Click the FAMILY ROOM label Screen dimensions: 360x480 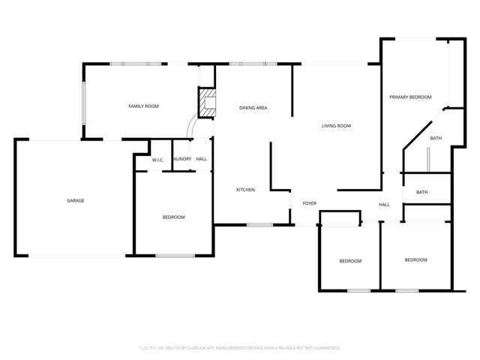tap(143, 106)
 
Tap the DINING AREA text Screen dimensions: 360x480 tap(253, 108)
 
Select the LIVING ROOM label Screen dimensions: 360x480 tap(336, 126)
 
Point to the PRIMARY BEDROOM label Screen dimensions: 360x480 tap(410, 97)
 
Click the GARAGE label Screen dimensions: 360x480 tap(75, 200)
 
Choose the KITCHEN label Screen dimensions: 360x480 tap(245, 190)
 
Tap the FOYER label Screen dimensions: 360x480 tap(309, 203)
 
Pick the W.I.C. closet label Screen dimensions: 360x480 tap(157, 160)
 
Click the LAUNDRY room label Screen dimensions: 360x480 tap(181, 159)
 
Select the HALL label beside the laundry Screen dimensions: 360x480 tap(201, 159)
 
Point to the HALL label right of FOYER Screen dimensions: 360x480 tap(384, 205)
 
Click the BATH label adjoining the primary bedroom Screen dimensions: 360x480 tap(436, 139)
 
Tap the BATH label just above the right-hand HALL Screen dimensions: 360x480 tap(422, 192)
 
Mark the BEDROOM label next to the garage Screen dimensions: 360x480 tap(173, 217)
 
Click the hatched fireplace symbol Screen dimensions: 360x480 tap(205, 103)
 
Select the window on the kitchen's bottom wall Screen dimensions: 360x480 tap(259, 225)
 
